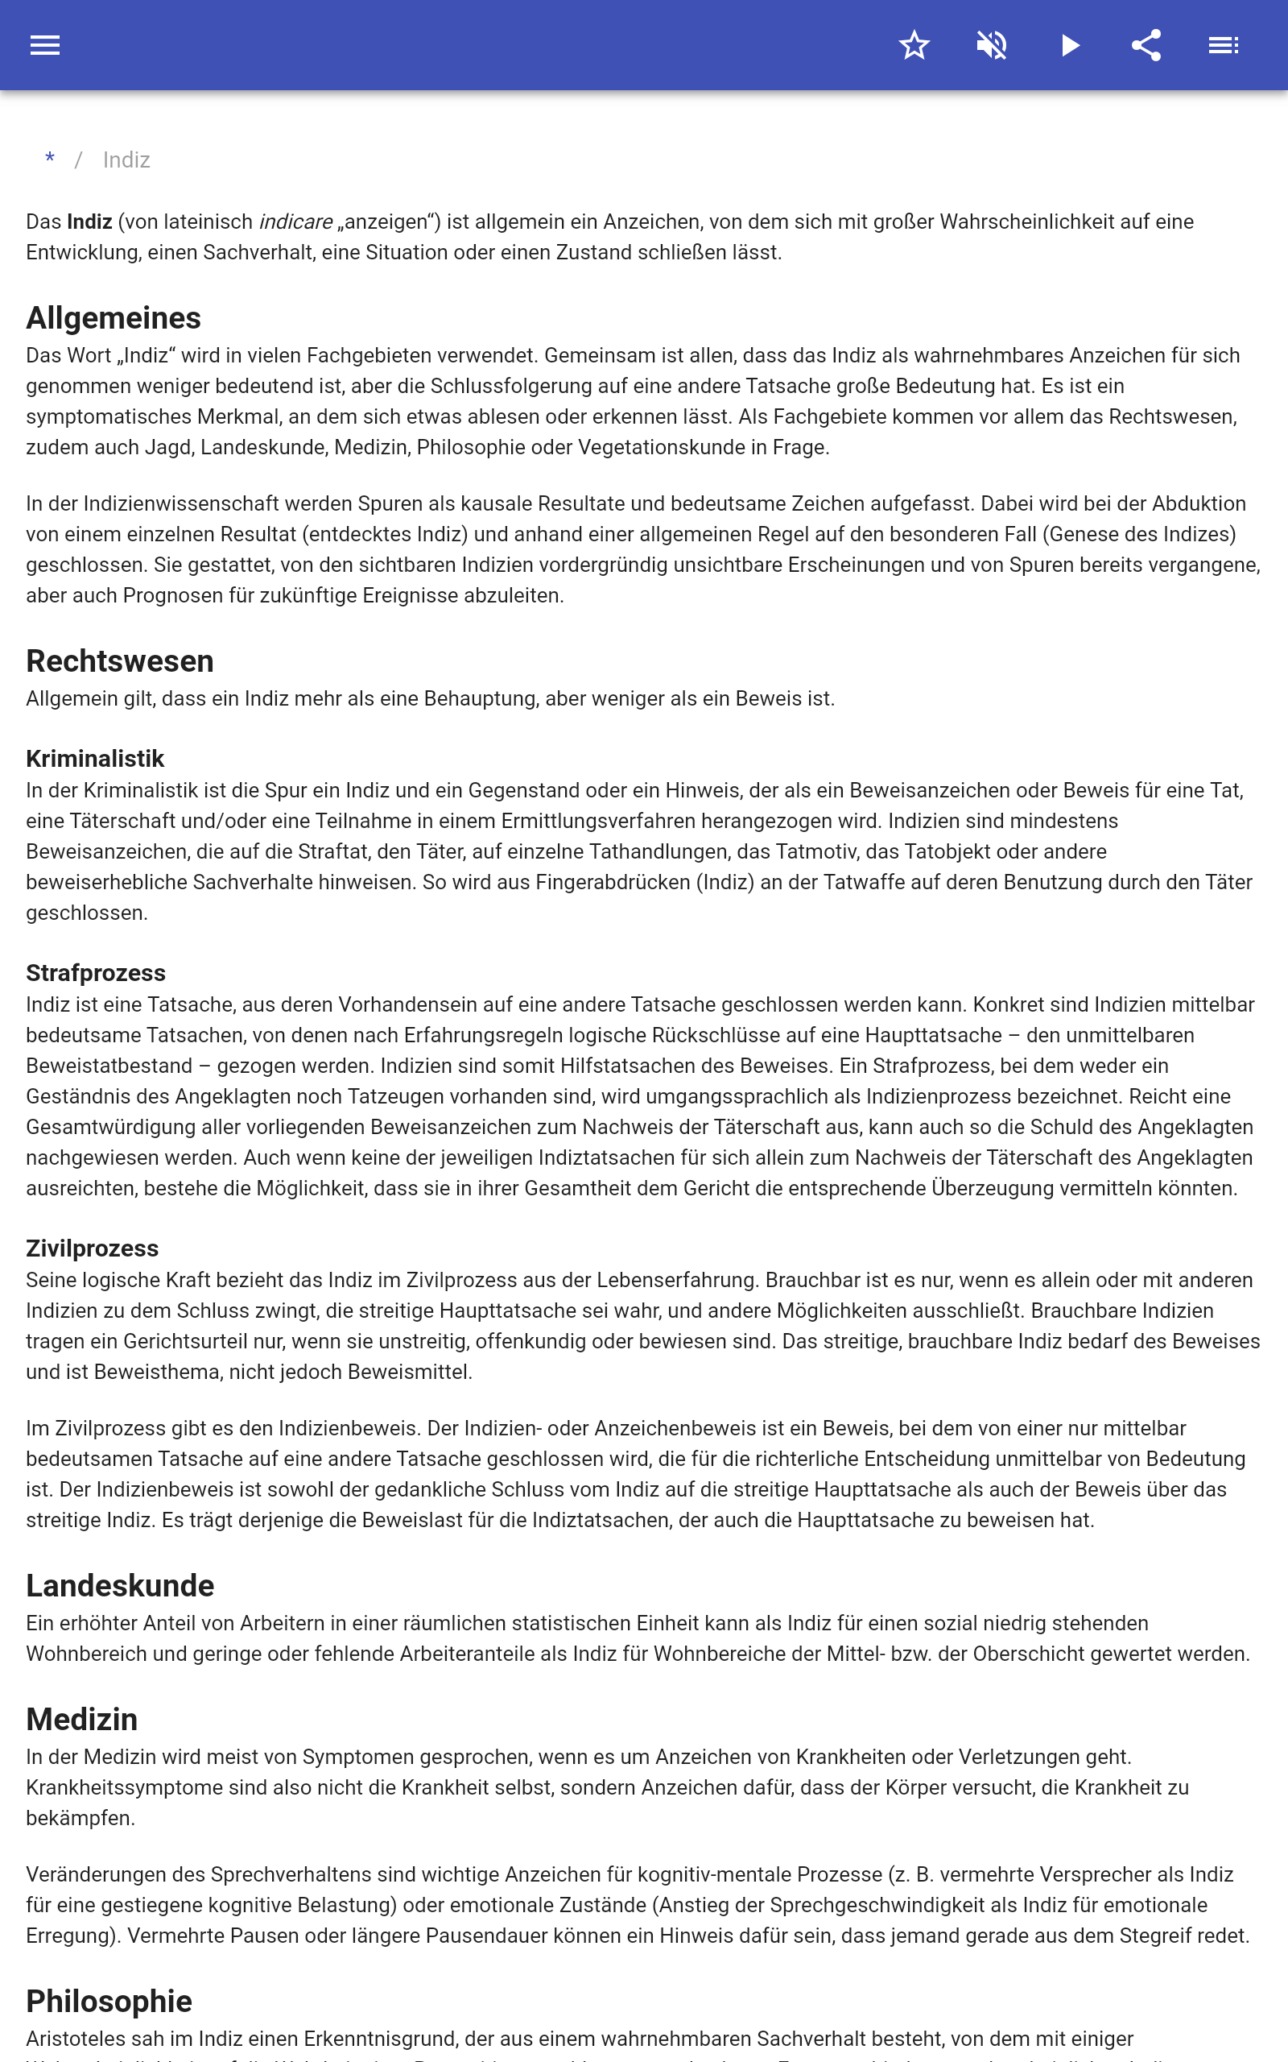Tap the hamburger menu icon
coord(45,45)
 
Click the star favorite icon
coord(914,45)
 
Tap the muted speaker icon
coord(992,45)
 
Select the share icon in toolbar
coord(1146,45)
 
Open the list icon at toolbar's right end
coord(1224,45)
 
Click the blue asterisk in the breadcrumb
coord(50,159)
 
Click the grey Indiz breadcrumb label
coord(126,160)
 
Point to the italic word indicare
coord(295,222)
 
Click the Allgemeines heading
coord(114,318)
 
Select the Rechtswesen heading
coord(120,661)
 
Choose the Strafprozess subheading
coord(97,973)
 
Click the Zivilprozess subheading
coord(92,1248)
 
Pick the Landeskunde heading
coord(120,1586)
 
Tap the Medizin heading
coord(82,1720)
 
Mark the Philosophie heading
coord(109,2002)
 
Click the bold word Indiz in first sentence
coord(89,222)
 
